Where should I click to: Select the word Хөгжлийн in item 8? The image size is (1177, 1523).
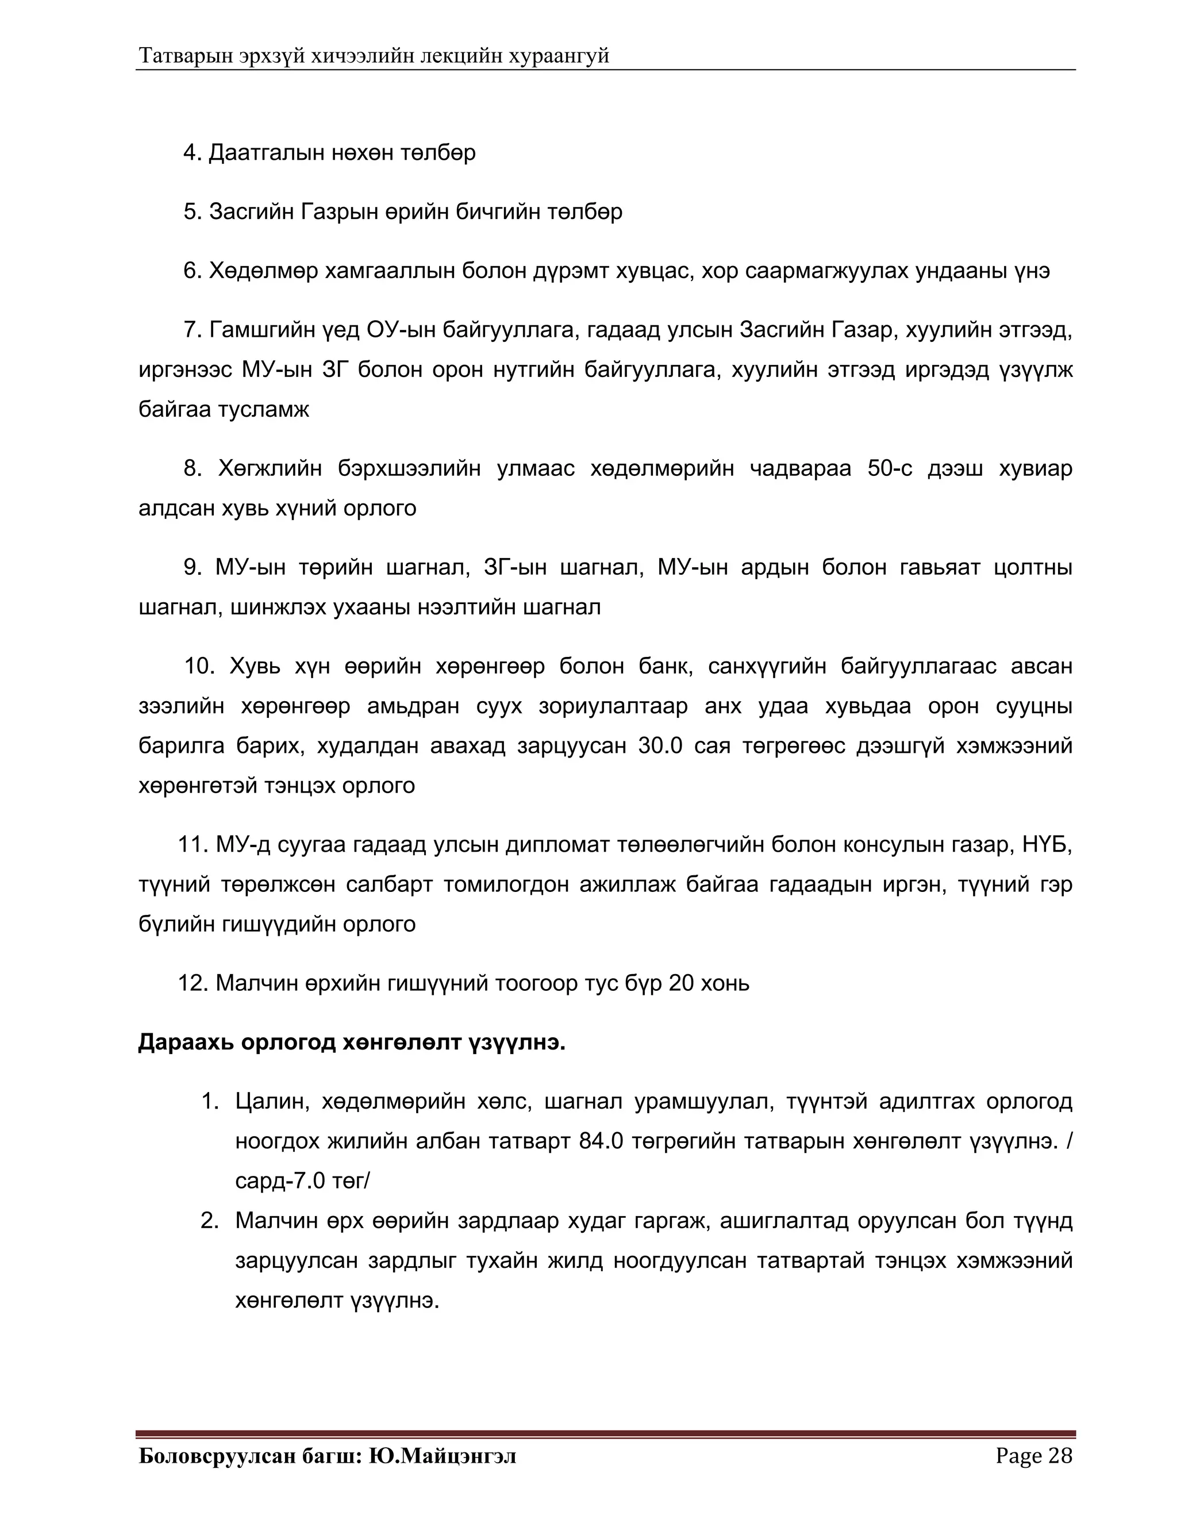[270, 468]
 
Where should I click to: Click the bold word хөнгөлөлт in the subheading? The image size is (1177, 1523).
[402, 1043]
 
